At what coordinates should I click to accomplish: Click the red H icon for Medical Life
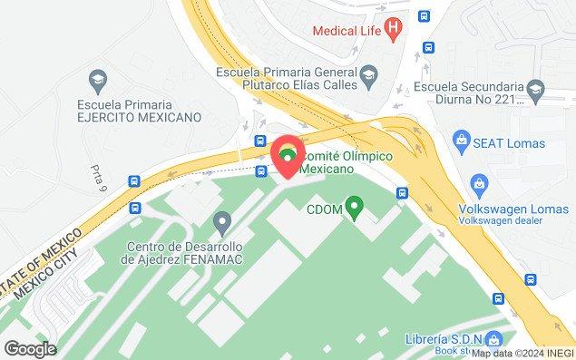(393, 29)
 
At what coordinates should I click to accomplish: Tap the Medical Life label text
(347, 30)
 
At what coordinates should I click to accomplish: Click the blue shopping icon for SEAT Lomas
(463, 141)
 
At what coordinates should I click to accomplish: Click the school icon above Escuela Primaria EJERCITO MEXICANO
(100, 78)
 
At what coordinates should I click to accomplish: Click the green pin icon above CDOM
(356, 208)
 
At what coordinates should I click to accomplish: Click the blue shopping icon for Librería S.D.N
(494, 340)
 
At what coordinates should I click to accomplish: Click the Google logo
(30, 348)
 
